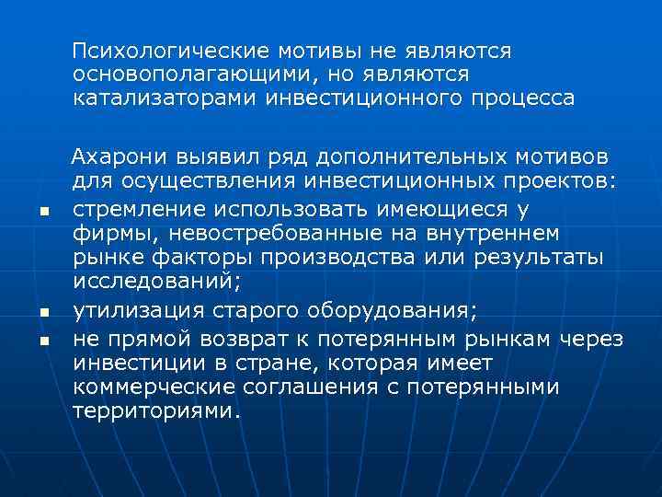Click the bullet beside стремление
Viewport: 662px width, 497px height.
click(x=43, y=214)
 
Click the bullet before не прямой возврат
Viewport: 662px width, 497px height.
click(x=43, y=342)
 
